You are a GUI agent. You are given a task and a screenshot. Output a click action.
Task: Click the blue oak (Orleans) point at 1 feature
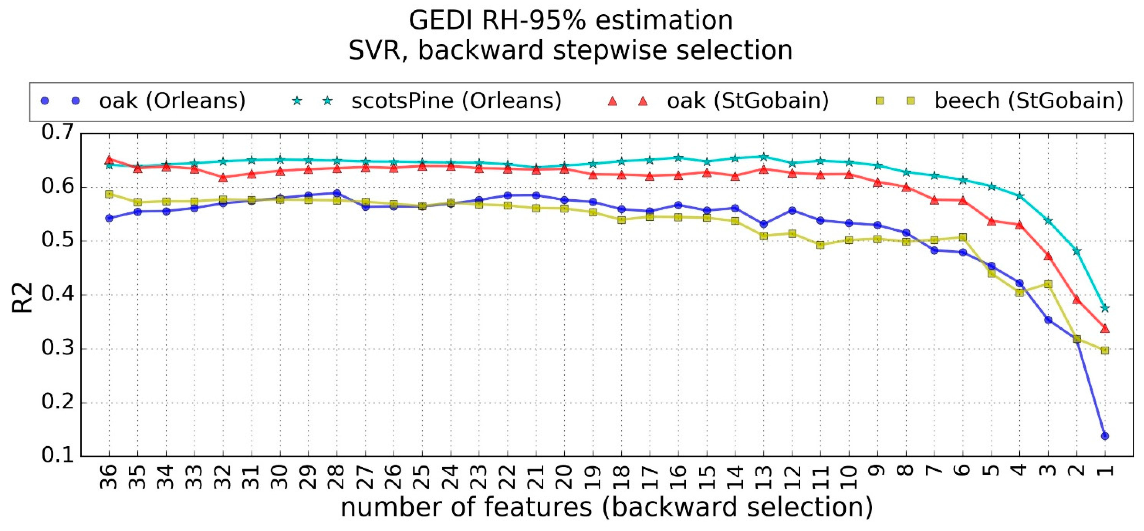[1105, 436]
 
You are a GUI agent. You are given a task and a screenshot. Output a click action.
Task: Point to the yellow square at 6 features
[963, 237]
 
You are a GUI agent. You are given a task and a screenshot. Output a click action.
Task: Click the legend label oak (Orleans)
[172, 101]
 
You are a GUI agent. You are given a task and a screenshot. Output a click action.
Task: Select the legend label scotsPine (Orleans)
[456, 101]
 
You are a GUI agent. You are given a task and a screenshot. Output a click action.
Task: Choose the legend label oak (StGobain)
[748, 101]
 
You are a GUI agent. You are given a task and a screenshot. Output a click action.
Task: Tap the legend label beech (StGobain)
[1028, 101]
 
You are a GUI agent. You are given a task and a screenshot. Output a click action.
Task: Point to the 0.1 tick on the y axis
[57, 456]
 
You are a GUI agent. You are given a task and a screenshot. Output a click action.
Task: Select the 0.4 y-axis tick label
[57, 295]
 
